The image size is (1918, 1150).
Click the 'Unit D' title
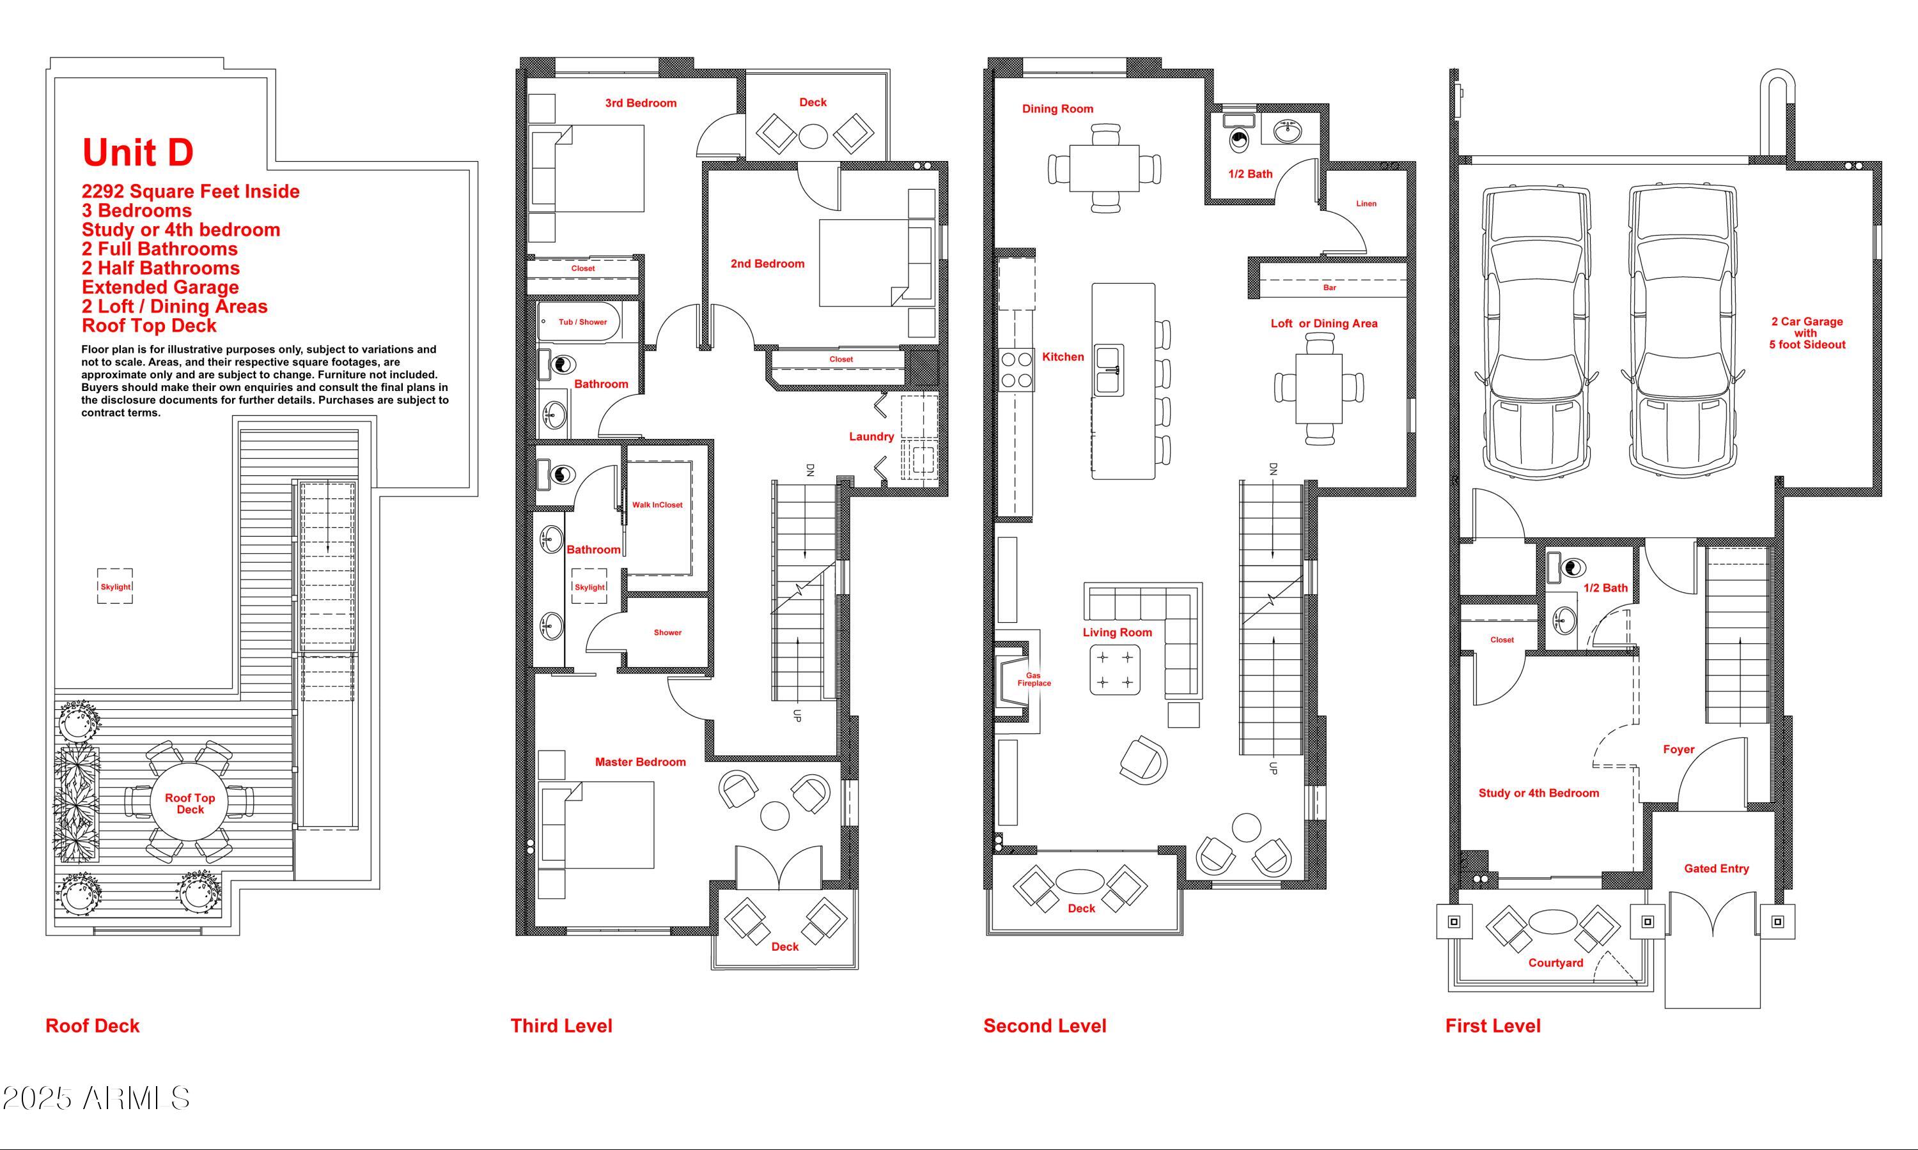[x=138, y=153]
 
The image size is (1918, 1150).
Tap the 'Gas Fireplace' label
[x=1034, y=680]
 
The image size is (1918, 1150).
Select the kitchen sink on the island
[x=1109, y=370]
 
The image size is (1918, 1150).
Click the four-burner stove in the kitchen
[x=1017, y=370]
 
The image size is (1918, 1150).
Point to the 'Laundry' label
[x=871, y=436]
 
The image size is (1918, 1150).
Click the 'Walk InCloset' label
[x=657, y=505]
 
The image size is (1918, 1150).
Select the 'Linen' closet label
[x=1366, y=204]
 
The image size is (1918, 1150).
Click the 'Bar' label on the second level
[x=1330, y=287]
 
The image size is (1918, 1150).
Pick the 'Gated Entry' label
[x=1717, y=869]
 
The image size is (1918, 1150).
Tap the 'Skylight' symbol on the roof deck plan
[x=114, y=586]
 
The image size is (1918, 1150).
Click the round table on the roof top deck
[x=190, y=804]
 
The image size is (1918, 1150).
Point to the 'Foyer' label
[x=1678, y=749]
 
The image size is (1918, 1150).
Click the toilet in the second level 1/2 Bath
[x=1240, y=139]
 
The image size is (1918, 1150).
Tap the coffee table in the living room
[x=1115, y=670]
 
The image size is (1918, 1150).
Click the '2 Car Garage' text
[x=1807, y=321]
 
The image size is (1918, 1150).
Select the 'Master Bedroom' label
[x=641, y=762]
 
